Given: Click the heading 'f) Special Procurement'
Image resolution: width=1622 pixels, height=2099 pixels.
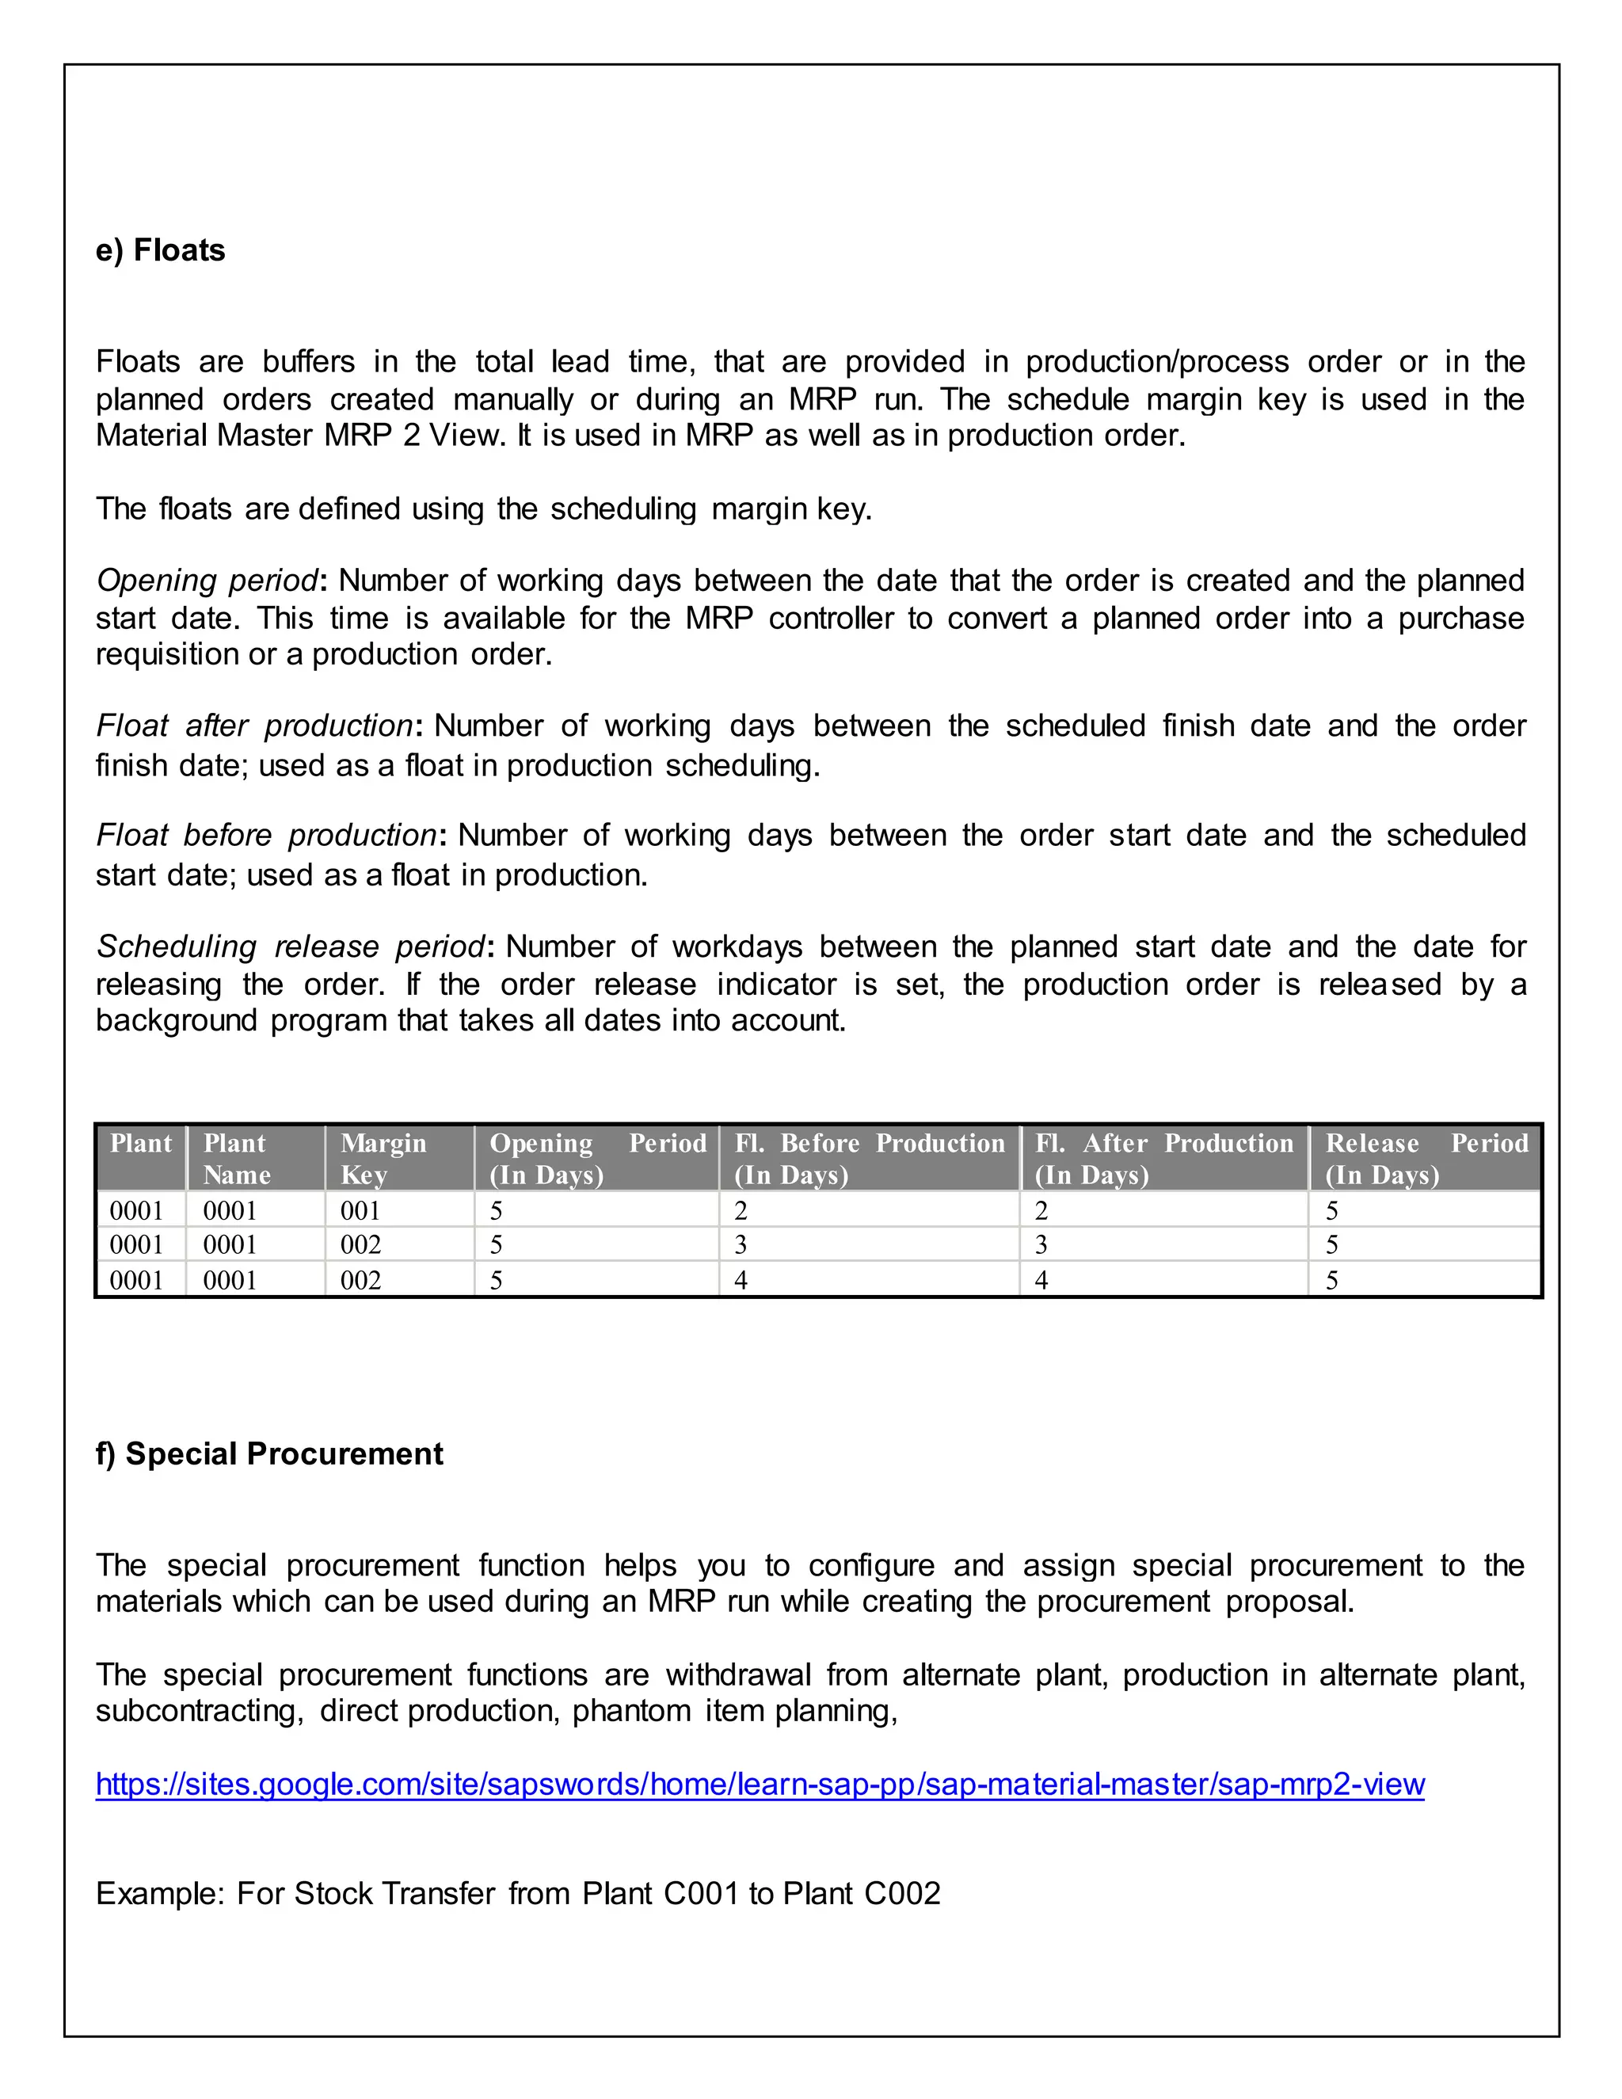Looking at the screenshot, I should [x=269, y=1453].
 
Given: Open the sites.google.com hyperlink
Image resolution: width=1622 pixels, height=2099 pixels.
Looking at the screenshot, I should [x=759, y=1784].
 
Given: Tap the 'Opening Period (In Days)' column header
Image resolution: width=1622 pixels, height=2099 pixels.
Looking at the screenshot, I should [x=596, y=1158].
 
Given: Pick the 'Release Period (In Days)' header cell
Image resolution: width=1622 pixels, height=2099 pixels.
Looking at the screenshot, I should [x=1425, y=1158].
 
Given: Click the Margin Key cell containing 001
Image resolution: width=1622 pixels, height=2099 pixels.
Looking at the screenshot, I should [x=360, y=1210].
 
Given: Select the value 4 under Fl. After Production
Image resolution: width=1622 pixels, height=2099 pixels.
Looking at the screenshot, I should [x=1041, y=1280].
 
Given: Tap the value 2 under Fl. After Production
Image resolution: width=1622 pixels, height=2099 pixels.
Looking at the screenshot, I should [x=1041, y=1210].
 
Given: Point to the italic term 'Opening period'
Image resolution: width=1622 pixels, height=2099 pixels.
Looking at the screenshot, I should [x=206, y=581].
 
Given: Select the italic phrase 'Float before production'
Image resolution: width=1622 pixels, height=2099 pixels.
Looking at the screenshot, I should [x=266, y=835].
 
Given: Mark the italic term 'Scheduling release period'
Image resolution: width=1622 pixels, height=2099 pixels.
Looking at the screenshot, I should [x=289, y=947].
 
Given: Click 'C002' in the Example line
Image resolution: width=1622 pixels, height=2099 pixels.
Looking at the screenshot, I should [x=901, y=1893].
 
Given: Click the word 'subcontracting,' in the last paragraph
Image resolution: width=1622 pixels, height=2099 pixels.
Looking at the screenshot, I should [x=199, y=1711].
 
